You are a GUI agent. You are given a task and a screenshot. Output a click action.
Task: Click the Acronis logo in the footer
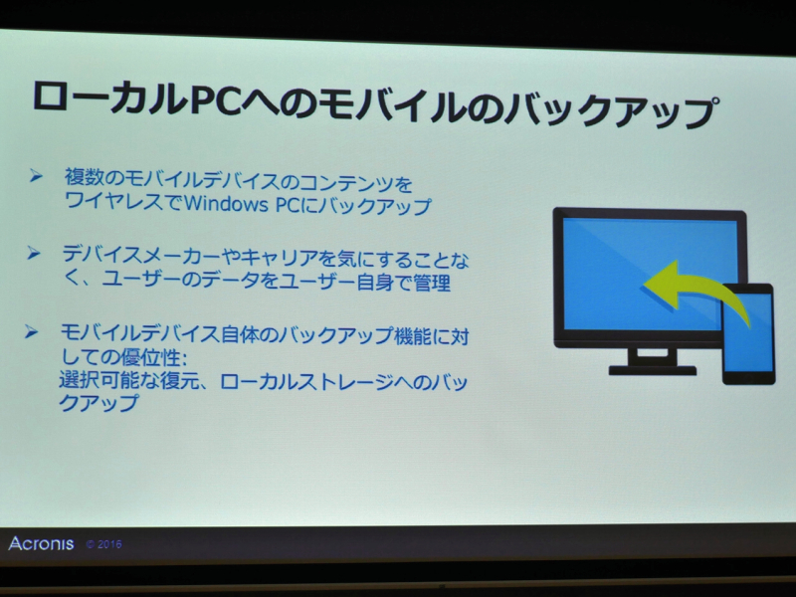pyautogui.click(x=41, y=543)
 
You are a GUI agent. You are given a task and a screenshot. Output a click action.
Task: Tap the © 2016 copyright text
pyautogui.click(x=103, y=545)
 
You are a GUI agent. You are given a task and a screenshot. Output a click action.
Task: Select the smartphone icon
pyautogui.click(x=747, y=333)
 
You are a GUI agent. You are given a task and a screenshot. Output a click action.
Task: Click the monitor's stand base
pyautogui.click(x=652, y=369)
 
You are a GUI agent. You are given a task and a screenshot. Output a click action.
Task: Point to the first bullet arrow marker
pyautogui.click(x=36, y=176)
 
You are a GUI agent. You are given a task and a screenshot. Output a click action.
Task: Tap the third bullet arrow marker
pyautogui.click(x=37, y=328)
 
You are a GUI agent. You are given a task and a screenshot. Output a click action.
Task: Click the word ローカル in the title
pyautogui.click(x=108, y=99)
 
